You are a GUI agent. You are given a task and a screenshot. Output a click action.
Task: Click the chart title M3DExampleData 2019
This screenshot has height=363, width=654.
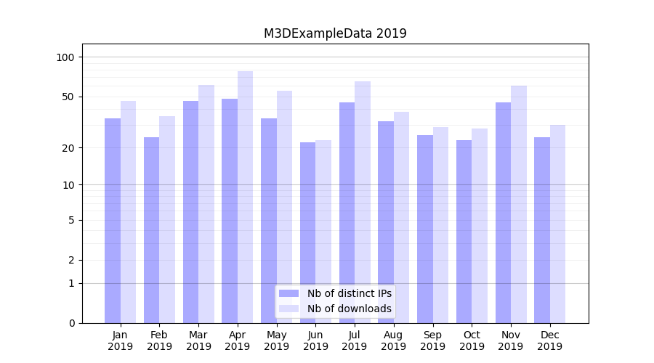click(335, 33)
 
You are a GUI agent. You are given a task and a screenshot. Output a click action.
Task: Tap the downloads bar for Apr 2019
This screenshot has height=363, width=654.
click(246, 197)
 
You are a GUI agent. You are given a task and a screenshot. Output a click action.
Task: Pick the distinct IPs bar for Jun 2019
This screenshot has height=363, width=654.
click(307, 232)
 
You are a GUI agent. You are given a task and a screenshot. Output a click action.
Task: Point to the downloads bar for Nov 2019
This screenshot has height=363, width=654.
click(519, 204)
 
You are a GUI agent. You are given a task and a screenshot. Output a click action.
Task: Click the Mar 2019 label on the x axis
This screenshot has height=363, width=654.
click(198, 340)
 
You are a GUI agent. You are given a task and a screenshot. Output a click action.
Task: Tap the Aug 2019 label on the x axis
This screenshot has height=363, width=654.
click(393, 340)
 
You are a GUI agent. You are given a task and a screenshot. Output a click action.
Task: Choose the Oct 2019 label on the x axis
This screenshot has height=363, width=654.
click(472, 340)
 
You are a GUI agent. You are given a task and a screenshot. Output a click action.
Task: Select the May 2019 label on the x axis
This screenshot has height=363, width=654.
click(276, 340)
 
